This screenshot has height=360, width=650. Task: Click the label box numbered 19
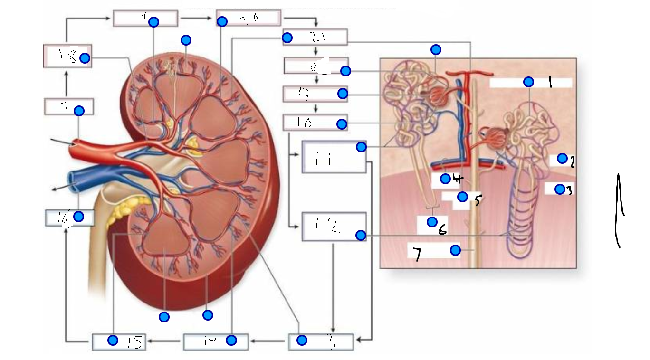[145, 18]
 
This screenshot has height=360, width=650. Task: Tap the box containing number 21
[315, 37]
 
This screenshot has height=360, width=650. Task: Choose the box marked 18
[67, 57]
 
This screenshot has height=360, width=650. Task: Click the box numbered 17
[68, 106]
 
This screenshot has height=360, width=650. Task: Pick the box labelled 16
[69, 218]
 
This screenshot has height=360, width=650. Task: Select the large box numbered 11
[334, 157]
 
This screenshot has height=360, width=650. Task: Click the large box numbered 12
[334, 227]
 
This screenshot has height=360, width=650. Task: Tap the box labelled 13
[321, 342]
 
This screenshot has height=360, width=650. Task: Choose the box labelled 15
[119, 341]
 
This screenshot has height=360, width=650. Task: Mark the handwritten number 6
[442, 230]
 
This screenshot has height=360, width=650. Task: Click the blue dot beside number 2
[562, 158]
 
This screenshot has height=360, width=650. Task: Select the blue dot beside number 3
[560, 189]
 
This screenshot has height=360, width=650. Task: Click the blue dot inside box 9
[343, 94]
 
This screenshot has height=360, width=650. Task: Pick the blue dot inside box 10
[341, 124]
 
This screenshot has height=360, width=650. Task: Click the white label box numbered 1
[530, 83]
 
